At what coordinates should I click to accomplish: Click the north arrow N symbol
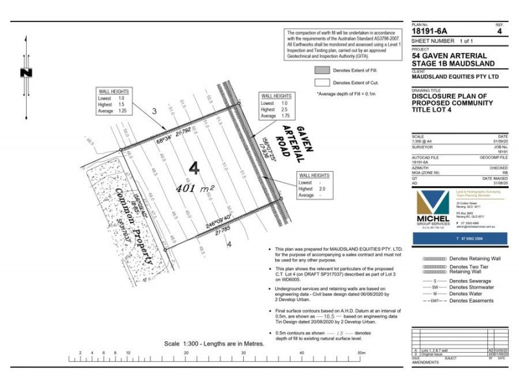(25, 73)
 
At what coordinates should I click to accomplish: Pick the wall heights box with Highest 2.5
(275, 107)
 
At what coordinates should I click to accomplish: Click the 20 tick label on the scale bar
(186, 353)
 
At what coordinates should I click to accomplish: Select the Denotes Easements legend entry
(472, 301)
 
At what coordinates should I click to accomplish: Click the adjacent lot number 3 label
(154, 112)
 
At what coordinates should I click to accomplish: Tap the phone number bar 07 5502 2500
(457, 239)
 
